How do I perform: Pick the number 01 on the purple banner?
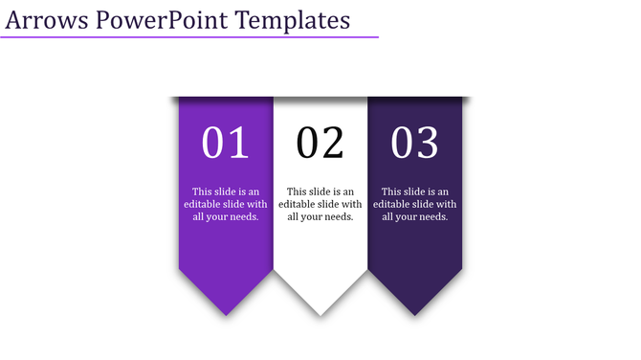point(226,144)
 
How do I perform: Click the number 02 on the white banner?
point(320,144)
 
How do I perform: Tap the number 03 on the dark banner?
point(415,144)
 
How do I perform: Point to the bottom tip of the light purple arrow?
point(227,314)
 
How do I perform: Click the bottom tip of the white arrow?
point(320,314)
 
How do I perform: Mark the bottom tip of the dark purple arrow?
point(415,314)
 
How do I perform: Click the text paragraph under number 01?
point(226,204)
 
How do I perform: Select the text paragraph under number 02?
point(320,204)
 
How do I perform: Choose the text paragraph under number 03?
point(415,204)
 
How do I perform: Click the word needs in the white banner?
point(339,217)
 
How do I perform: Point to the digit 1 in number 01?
point(238,144)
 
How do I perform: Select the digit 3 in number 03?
point(428,144)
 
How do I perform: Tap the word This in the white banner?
point(297,191)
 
